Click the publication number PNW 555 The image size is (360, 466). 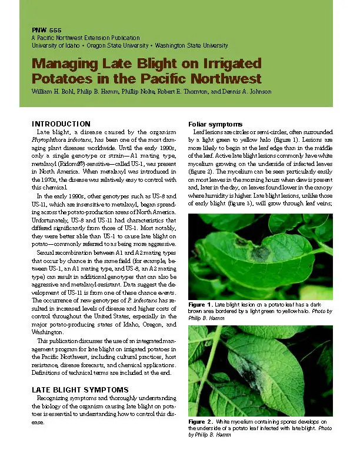45,29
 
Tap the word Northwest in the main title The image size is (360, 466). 229,78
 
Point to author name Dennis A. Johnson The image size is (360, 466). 246,92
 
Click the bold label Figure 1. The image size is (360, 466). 200,304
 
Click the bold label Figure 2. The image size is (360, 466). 200,422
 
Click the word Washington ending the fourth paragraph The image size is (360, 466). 47,332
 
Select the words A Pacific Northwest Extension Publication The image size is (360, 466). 85,38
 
